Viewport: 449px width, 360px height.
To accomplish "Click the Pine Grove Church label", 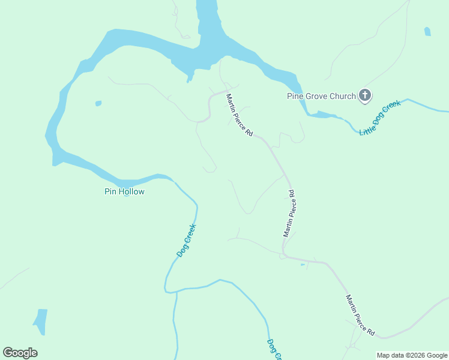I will coord(321,96).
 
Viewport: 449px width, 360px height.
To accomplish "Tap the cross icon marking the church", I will coord(364,95).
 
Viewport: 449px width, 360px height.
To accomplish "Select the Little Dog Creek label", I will coord(379,118).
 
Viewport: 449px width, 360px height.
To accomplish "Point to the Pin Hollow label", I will coord(125,192).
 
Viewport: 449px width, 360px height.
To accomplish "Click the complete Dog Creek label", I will coord(187,240).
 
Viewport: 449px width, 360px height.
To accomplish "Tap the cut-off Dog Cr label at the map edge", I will coord(274,350).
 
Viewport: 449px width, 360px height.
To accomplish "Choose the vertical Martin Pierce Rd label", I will coord(289,214).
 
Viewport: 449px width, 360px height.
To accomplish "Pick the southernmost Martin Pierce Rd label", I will coord(360,315).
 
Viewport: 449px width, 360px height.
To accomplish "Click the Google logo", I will coord(20,353).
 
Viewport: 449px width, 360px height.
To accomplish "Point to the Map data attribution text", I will coord(412,355).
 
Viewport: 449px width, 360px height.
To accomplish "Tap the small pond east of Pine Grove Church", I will coord(427,31).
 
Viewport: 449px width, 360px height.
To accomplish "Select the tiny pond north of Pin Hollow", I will coord(98,104).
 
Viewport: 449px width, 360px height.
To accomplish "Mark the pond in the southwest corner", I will coord(40,322).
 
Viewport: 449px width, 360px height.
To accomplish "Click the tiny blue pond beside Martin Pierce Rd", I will coord(303,264).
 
